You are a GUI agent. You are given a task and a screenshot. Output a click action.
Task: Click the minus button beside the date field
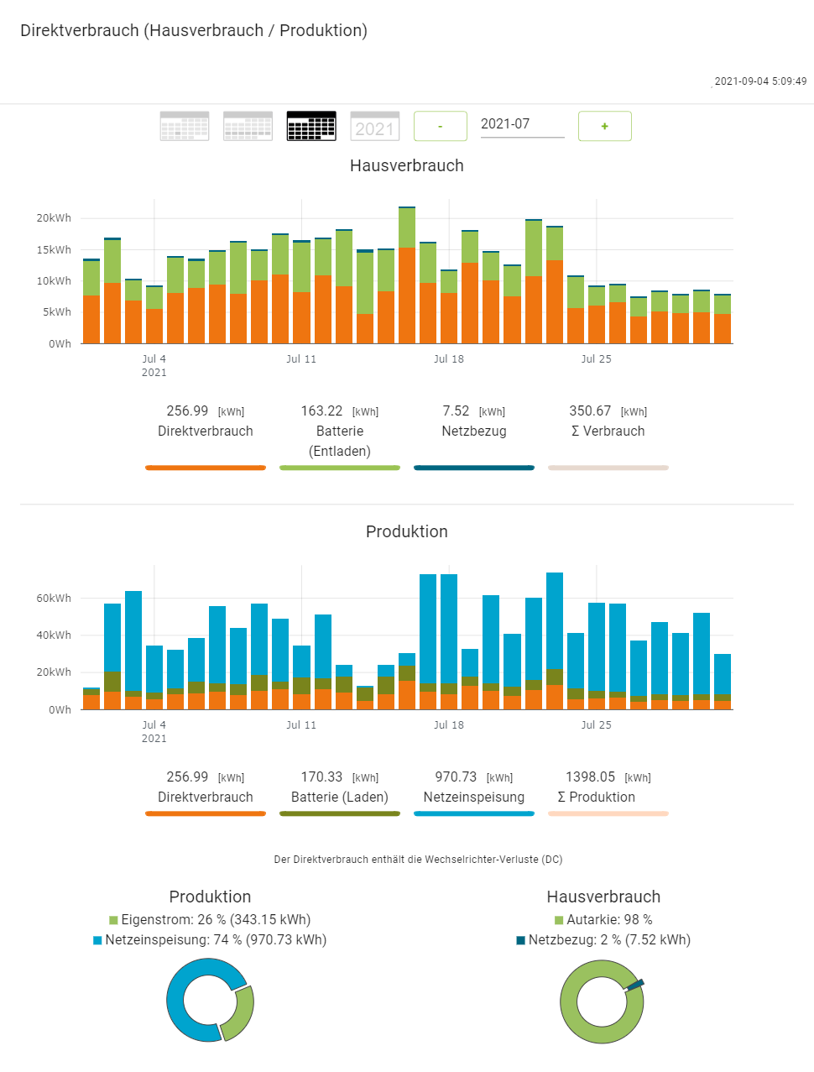[x=441, y=126]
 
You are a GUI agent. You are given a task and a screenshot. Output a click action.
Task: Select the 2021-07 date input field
[x=521, y=124]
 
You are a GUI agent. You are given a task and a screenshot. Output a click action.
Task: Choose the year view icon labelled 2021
[x=374, y=126]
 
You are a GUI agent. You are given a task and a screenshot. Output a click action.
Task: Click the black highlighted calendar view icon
[x=311, y=126]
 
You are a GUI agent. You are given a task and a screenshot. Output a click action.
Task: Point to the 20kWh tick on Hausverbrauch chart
[x=54, y=218]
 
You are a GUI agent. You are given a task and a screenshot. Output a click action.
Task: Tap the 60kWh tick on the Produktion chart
[x=54, y=599]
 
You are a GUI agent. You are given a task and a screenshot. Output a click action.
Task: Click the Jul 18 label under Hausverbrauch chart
[x=448, y=359]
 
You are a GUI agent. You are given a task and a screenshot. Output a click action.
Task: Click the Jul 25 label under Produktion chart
[x=596, y=725]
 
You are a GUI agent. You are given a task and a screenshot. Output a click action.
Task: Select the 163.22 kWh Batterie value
[x=322, y=411]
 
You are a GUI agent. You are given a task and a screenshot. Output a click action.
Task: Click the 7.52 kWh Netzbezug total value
[x=457, y=411]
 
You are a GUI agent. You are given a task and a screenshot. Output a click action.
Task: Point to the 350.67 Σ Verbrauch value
[x=590, y=411]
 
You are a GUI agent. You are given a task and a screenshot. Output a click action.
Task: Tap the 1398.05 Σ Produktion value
[x=590, y=777]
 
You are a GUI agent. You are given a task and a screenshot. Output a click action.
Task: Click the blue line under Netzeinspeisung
[x=474, y=813]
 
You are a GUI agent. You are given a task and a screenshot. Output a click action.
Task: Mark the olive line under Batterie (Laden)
[x=340, y=813]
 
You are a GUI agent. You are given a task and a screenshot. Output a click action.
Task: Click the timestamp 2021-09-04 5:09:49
[x=760, y=81]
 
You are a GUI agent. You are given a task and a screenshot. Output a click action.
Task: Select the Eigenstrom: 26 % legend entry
[x=210, y=920]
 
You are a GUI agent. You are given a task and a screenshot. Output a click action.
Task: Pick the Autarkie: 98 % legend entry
[x=603, y=920]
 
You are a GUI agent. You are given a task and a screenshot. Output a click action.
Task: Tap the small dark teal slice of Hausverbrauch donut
[x=635, y=984]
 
